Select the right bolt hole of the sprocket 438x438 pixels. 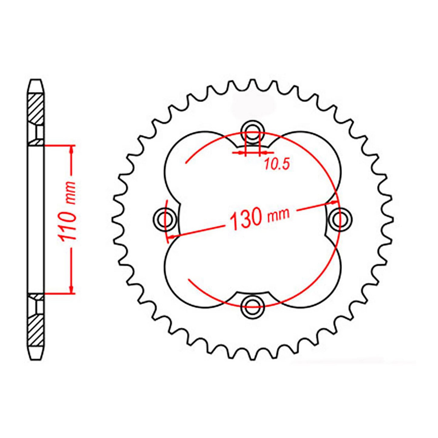[340, 218]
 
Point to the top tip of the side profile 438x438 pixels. [36, 81]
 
